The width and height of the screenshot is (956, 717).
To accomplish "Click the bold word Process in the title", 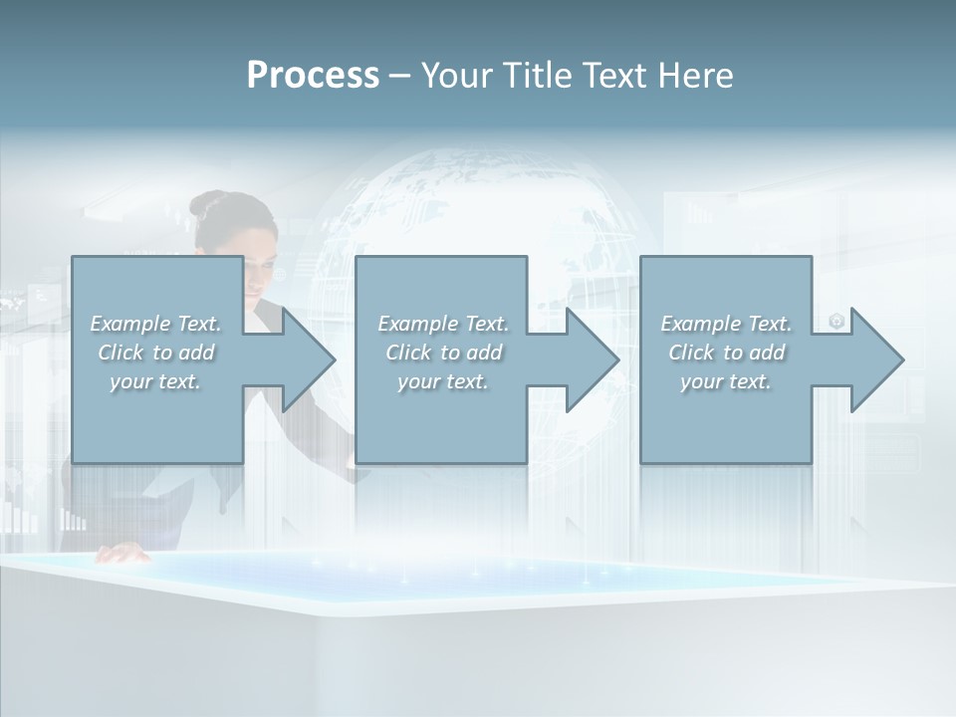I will [313, 75].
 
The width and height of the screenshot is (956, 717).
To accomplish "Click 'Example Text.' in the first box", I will [156, 324].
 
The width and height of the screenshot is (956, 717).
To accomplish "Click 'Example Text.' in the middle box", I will [443, 324].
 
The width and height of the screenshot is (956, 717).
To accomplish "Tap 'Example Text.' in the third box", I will [726, 324].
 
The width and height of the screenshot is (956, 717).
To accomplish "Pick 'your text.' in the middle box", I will [443, 381].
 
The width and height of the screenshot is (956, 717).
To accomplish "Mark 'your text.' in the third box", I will [726, 381].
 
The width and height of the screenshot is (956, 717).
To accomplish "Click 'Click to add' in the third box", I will [726, 353].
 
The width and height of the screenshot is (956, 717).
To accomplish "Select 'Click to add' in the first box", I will [156, 353].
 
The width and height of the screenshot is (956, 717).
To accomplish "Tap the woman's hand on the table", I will [121, 554].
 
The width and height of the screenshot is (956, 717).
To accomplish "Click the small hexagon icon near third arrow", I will [836, 321].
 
